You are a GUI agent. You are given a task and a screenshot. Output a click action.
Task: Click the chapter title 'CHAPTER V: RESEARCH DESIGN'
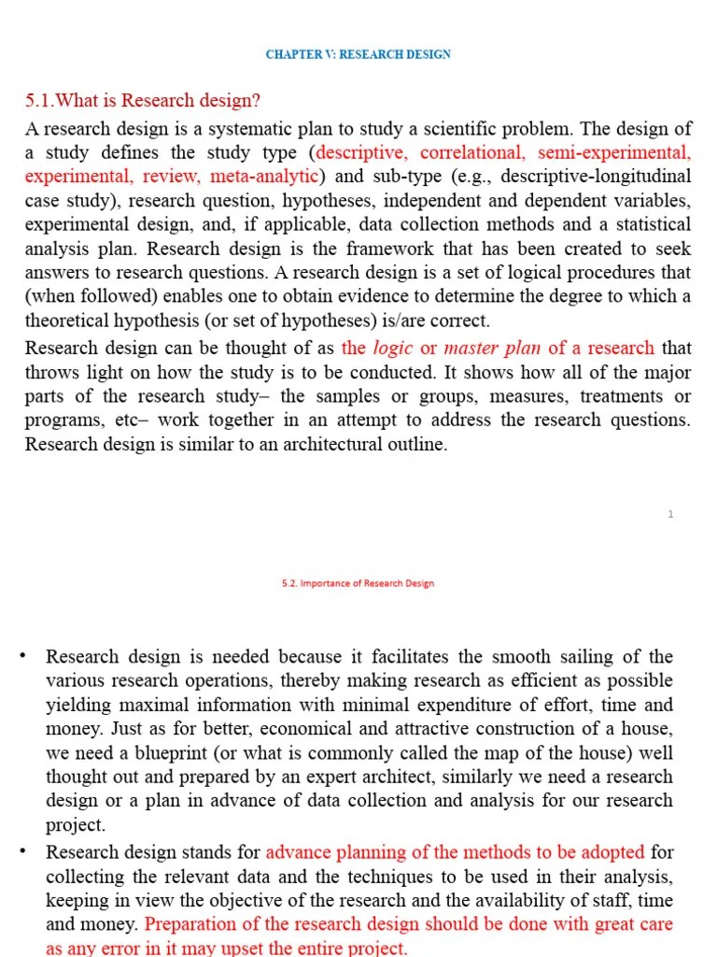tap(358, 54)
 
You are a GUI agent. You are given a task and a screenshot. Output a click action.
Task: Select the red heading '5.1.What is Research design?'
tap(143, 101)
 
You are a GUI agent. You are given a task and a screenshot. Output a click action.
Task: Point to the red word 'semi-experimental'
tap(614, 152)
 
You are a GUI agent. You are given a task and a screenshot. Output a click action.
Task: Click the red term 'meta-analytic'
tap(265, 177)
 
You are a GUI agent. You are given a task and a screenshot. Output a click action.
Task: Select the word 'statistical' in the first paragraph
tap(651, 224)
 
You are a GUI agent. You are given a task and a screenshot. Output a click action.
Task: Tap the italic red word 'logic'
tap(393, 348)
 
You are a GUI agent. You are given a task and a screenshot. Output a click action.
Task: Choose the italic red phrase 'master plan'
tap(491, 348)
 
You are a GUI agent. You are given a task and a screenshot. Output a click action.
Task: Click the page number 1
tap(670, 514)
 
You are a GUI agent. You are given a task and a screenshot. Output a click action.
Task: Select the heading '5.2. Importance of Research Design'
tap(358, 583)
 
